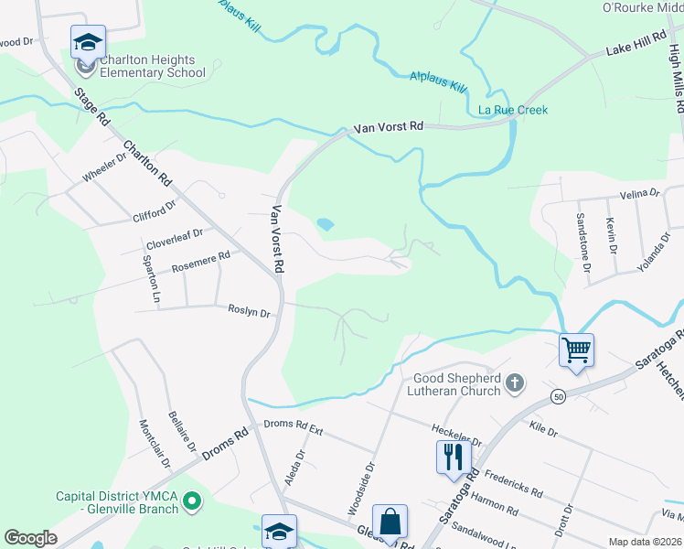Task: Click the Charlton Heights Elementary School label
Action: (152, 66)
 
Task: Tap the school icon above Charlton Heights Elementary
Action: (88, 42)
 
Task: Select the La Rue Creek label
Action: (513, 110)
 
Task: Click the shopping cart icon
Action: (576, 350)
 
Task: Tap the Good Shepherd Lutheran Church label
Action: (456, 384)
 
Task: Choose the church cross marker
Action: (515, 382)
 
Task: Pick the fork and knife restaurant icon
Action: (454, 455)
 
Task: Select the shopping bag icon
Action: (390, 522)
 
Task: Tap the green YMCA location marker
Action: (192, 501)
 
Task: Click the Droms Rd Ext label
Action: (294, 425)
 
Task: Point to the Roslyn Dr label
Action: (249, 313)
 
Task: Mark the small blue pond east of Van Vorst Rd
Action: (324, 223)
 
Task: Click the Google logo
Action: (30, 538)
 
